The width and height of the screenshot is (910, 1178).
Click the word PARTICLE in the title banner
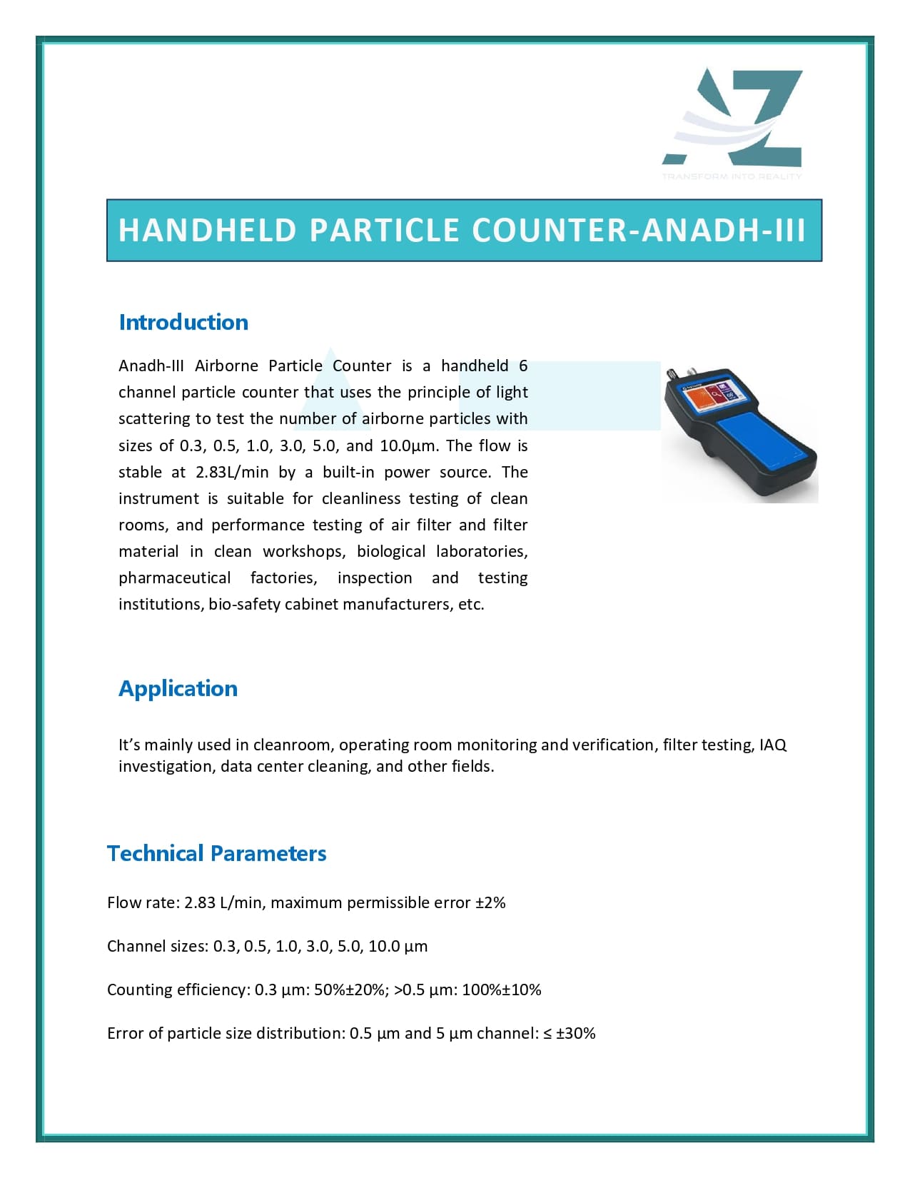tap(384, 231)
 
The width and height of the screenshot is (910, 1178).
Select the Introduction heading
tap(183, 322)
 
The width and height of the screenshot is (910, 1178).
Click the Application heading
tap(178, 688)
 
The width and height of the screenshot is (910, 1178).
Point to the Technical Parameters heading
tap(216, 853)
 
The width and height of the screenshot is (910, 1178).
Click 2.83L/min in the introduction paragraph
tap(232, 472)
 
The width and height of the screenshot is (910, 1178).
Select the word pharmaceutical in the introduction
tap(174, 578)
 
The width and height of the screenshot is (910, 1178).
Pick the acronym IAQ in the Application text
tap(773, 745)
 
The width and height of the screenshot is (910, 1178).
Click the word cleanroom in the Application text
tap(291, 745)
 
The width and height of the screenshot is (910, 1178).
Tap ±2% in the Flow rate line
tap(490, 902)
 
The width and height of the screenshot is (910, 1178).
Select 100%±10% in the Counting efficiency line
tap(501, 990)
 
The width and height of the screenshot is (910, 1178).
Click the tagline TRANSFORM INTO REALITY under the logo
tap(732, 176)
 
